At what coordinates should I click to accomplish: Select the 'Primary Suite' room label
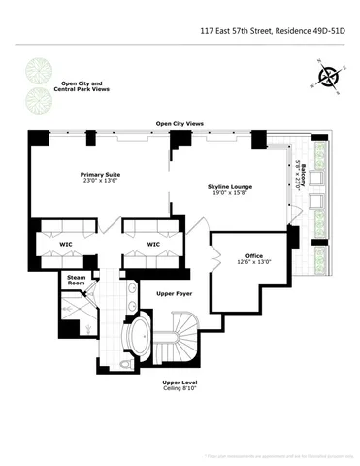pos(99,175)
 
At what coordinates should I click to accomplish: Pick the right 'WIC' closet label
pos(153,244)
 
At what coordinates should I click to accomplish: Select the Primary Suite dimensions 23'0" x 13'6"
pos(99,183)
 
